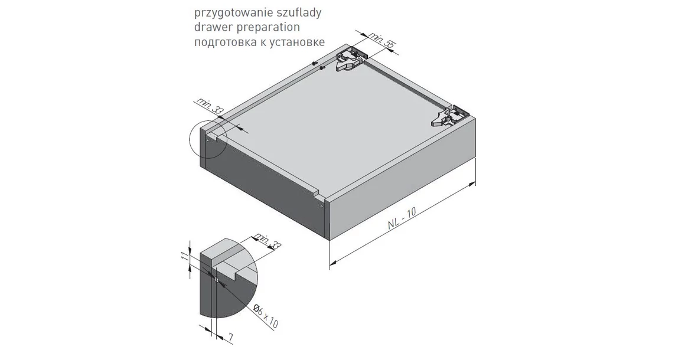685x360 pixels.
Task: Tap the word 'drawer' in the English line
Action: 210,27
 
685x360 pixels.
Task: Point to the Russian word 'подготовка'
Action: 223,42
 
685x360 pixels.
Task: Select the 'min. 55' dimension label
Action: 381,40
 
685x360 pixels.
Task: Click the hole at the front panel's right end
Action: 321,206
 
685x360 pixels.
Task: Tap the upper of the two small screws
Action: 315,63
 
